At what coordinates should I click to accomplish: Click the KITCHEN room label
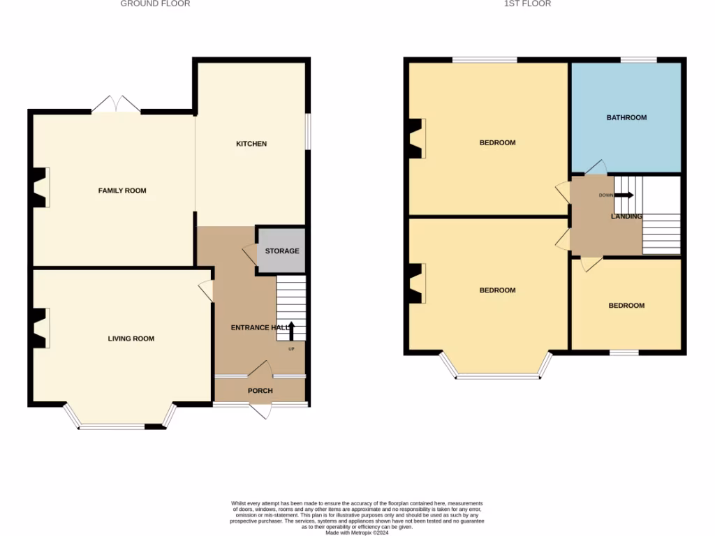(x=251, y=144)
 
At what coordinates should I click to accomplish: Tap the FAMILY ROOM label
(x=122, y=191)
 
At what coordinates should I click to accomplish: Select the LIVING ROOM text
(x=131, y=338)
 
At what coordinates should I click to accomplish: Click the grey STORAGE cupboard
(x=282, y=251)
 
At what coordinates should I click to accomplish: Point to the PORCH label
(x=260, y=391)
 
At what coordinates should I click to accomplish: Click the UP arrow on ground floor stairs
(x=292, y=329)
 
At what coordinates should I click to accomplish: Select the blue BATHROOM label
(x=626, y=117)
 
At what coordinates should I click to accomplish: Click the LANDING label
(x=626, y=216)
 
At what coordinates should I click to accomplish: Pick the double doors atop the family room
(x=117, y=105)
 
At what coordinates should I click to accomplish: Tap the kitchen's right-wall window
(x=308, y=131)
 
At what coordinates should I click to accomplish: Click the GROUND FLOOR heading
(x=155, y=3)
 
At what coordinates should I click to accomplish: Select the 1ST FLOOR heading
(x=527, y=3)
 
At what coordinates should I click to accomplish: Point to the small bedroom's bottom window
(x=624, y=352)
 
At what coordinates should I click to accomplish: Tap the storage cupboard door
(x=249, y=253)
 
